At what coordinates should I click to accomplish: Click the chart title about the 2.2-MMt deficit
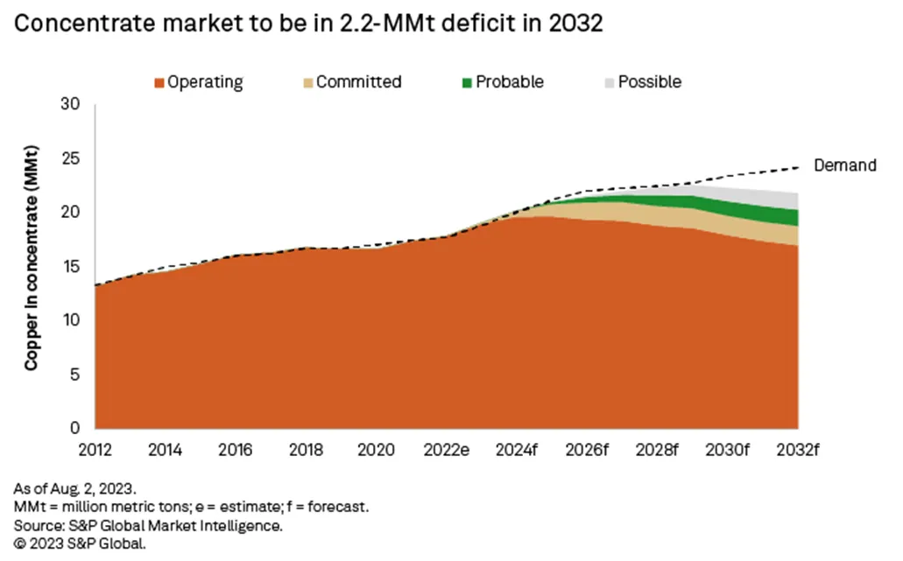(309, 24)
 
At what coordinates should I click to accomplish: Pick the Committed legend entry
(350, 82)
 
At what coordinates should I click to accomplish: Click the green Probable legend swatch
(467, 83)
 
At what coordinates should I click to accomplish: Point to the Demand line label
(844, 165)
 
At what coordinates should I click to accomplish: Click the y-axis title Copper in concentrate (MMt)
(31, 267)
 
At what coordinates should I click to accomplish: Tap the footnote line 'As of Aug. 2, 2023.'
(76, 487)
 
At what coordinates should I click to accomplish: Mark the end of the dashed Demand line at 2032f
(798, 166)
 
